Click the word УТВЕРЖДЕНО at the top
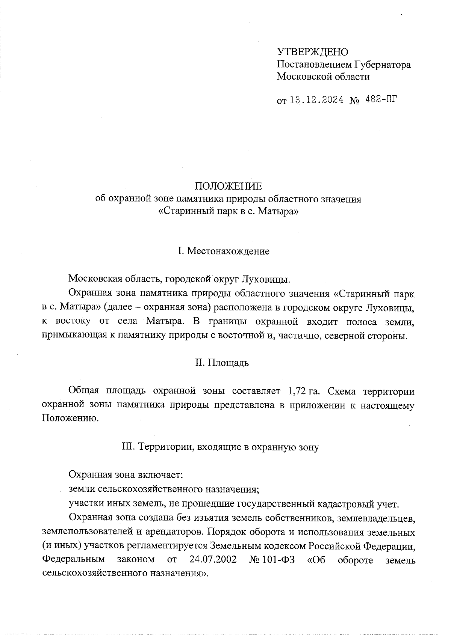(313, 52)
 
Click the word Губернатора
(382, 65)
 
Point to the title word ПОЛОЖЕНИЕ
(228, 186)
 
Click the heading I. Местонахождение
(224, 251)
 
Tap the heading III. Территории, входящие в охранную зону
(221, 447)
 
